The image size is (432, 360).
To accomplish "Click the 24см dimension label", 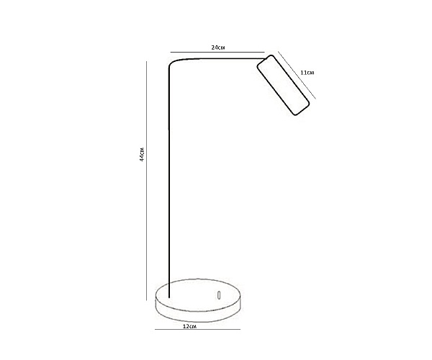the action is click(x=218, y=48).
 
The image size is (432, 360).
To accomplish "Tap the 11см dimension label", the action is click(x=307, y=73).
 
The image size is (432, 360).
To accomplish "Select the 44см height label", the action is click(x=142, y=154).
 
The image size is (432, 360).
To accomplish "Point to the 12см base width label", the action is click(x=190, y=326).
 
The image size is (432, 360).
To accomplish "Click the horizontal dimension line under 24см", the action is click(x=217, y=52).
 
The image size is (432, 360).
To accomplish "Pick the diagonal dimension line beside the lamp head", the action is click(x=297, y=75).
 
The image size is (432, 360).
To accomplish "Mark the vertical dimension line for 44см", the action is click(x=147, y=181).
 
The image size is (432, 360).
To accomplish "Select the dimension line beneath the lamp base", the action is click(x=197, y=329).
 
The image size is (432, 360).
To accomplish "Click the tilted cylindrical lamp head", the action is click(x=283, y=85).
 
